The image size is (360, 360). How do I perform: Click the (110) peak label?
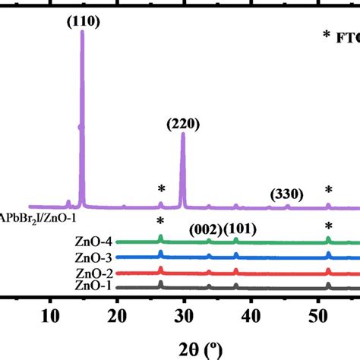(x=82, y=22)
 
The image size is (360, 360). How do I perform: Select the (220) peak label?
(x=182, y=119)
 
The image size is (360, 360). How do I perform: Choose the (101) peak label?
(x=239, y=229)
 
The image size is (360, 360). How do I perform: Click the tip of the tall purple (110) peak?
(x=82, y=33)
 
